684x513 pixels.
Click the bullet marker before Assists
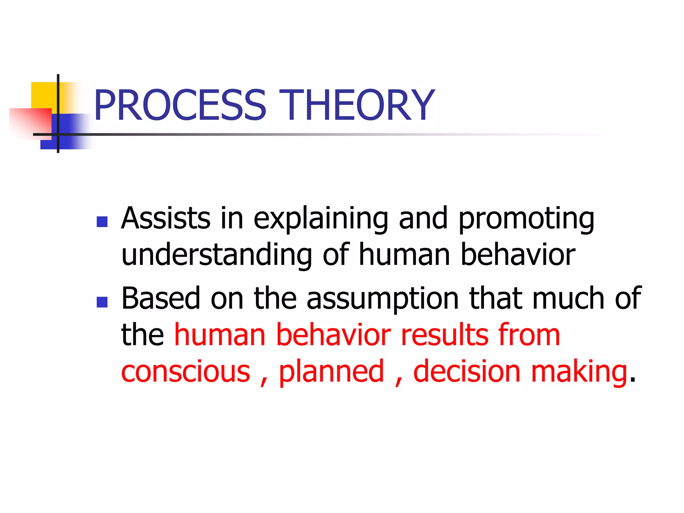[102, 222]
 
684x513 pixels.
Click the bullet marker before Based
[102, 302]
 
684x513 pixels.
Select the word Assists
[166, 218]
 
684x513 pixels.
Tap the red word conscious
[186, 372]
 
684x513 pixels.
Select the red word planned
[331, 372]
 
